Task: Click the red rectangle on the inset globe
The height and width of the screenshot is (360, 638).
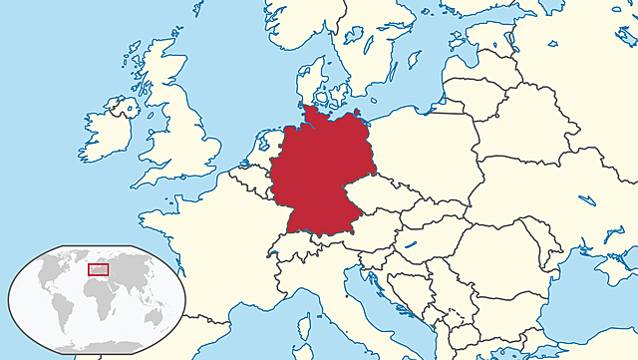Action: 99,267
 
